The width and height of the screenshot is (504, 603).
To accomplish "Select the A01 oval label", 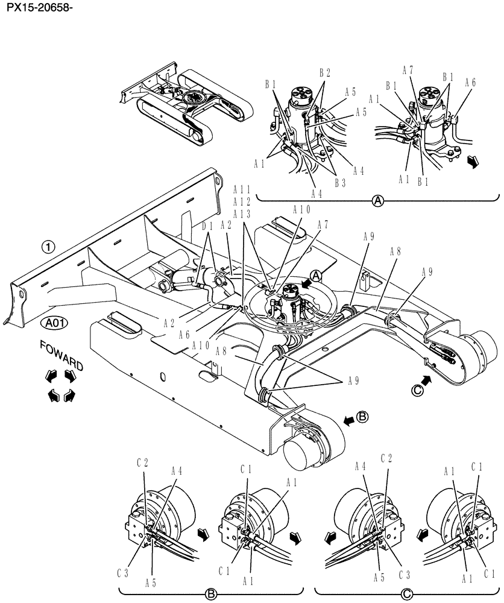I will click(55, 323).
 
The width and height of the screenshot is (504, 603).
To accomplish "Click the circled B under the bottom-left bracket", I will click(211, 594).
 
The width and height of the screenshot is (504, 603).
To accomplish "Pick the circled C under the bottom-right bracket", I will click(407, 594).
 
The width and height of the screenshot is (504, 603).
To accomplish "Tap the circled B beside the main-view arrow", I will click(362, 416).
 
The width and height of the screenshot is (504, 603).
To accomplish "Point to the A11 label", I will click(242, 189).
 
